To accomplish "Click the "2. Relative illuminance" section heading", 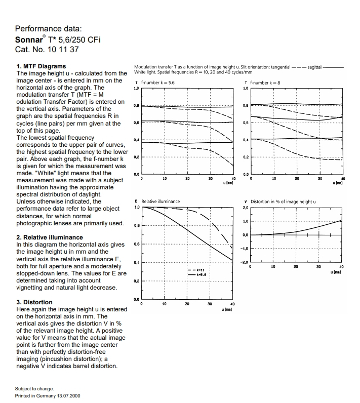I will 50,237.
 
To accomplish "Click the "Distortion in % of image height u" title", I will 283,201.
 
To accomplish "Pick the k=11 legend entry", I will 198,270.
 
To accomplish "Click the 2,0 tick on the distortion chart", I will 246,208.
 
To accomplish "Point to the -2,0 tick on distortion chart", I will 245,262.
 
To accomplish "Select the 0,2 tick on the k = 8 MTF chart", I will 246,157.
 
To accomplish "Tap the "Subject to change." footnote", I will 34,389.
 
